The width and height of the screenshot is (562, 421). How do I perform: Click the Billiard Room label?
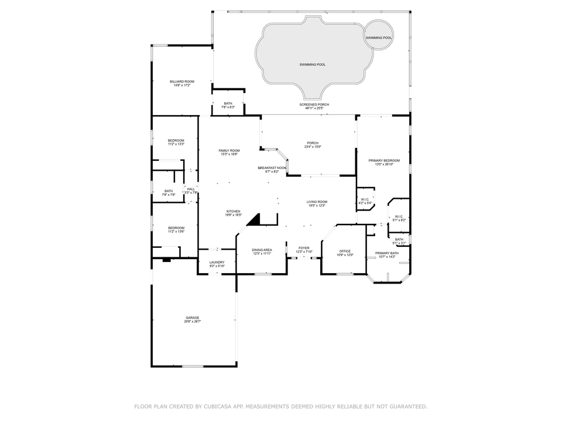tap(181, 83)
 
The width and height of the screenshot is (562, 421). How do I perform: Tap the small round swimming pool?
tap(379, 35)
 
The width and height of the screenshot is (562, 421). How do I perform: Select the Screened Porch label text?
tap(314, 106)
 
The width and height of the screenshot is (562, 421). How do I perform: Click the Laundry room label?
tap(217, 264)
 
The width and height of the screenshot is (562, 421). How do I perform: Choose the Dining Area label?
tap(262, 251)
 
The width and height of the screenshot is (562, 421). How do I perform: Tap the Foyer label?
tap(304, 250)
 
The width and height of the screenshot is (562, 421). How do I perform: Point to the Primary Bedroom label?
tap(384, 162)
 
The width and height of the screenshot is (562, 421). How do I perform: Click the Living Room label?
tap(317, 203)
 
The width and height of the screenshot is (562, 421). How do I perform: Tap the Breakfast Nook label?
tap(272, 170)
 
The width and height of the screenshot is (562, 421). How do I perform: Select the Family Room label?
tap(229, 152)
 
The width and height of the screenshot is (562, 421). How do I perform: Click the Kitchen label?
tap(234, 213)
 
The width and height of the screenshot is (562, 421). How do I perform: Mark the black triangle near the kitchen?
tap(255, 220)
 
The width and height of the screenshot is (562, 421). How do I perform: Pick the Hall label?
tap(191, 190)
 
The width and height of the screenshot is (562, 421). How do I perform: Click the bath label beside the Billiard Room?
tap(227, 105)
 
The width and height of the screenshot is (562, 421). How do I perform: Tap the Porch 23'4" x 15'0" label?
tap(313, 145)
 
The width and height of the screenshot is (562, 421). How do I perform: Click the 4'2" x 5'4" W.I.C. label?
tap(364, 201)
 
